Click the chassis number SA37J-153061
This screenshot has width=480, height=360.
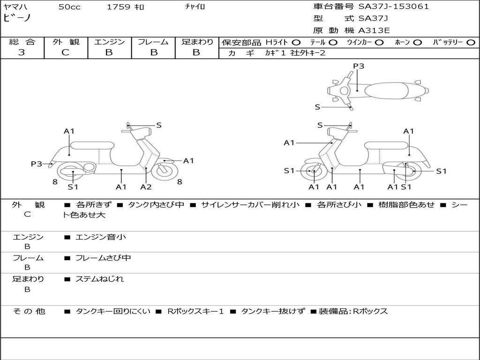(393, 7)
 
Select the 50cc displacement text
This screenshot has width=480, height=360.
(69, 7)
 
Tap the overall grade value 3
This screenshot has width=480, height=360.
(22, 52)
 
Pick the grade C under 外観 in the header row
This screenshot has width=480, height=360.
(65, 52)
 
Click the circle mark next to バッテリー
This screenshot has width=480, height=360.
(471, 43)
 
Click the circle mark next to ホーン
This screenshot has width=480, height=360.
(417, 43)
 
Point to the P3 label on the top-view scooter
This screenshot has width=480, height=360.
(359, 66)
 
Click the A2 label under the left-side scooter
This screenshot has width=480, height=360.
(146, 187)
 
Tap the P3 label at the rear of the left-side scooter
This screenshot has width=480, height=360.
(37, 164)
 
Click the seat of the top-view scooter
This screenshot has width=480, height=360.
(386, 90)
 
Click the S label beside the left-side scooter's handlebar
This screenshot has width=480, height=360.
(158, 125)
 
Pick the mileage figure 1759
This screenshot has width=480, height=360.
(119, 7)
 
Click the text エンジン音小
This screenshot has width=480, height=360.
(100, 237)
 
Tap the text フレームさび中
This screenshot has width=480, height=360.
(103, 258)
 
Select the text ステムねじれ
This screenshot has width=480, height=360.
(99, 279)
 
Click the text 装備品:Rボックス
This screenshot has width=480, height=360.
(353, 311)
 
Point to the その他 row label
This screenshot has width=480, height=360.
(29, 311)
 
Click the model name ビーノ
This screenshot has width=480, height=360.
(17, 18)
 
